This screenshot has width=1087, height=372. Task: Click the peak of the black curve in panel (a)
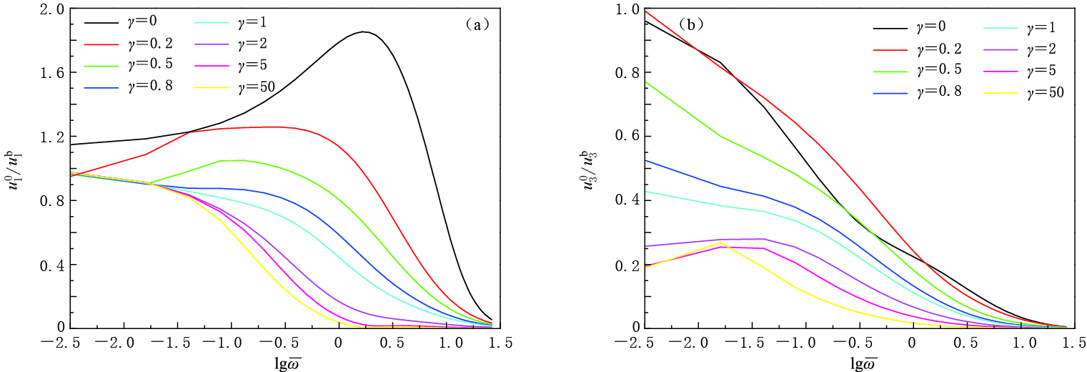[x=364, y=31]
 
